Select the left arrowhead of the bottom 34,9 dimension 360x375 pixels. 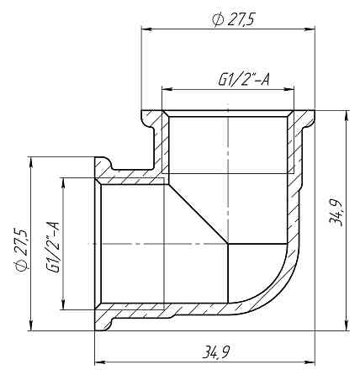click(98, 363)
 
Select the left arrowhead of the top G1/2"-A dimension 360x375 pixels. click(166, 90)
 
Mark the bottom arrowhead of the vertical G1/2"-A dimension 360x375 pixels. click(63, 305)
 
